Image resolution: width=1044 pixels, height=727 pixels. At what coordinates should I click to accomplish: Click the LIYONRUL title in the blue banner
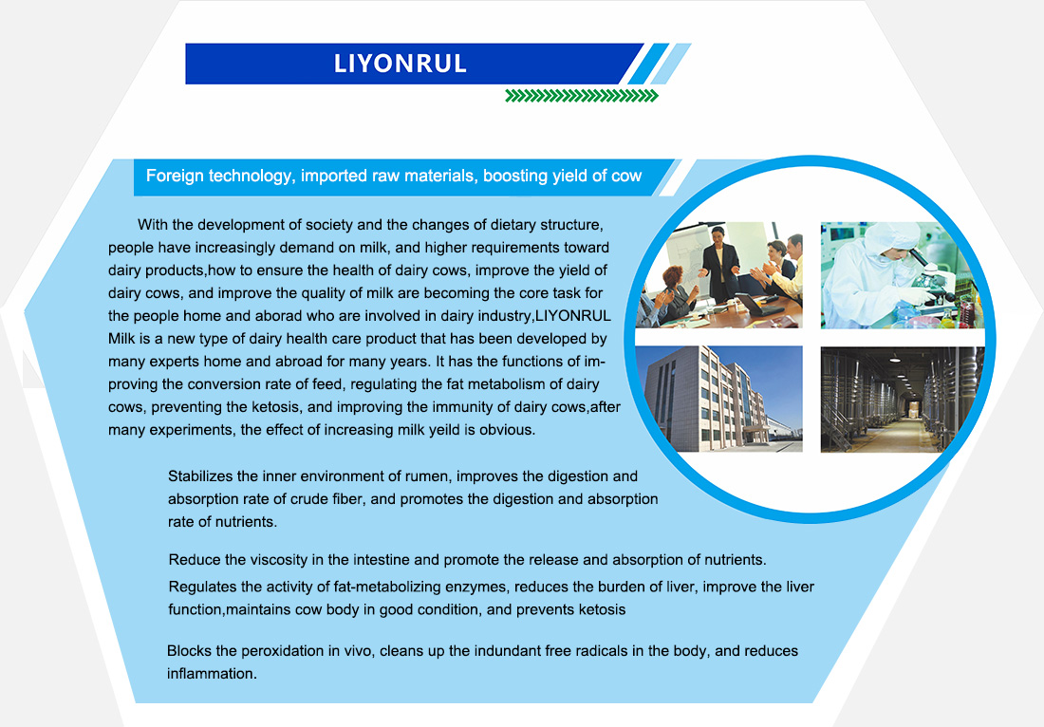pos(400,64)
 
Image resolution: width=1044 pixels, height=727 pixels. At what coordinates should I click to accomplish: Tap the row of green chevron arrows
pos(581,95)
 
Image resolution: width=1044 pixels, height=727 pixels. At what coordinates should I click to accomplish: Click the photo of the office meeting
pos(719,275)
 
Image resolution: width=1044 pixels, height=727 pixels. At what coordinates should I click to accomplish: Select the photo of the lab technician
pos(902,275)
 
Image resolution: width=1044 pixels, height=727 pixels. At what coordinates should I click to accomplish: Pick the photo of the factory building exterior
pos(719,399)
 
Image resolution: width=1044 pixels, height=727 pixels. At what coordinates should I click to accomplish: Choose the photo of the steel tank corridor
pos(902,399)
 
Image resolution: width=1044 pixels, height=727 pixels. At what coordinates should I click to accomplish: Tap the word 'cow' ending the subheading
pos(626,176)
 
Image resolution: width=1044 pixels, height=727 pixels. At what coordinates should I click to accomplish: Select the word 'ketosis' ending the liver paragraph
pos(602,609)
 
